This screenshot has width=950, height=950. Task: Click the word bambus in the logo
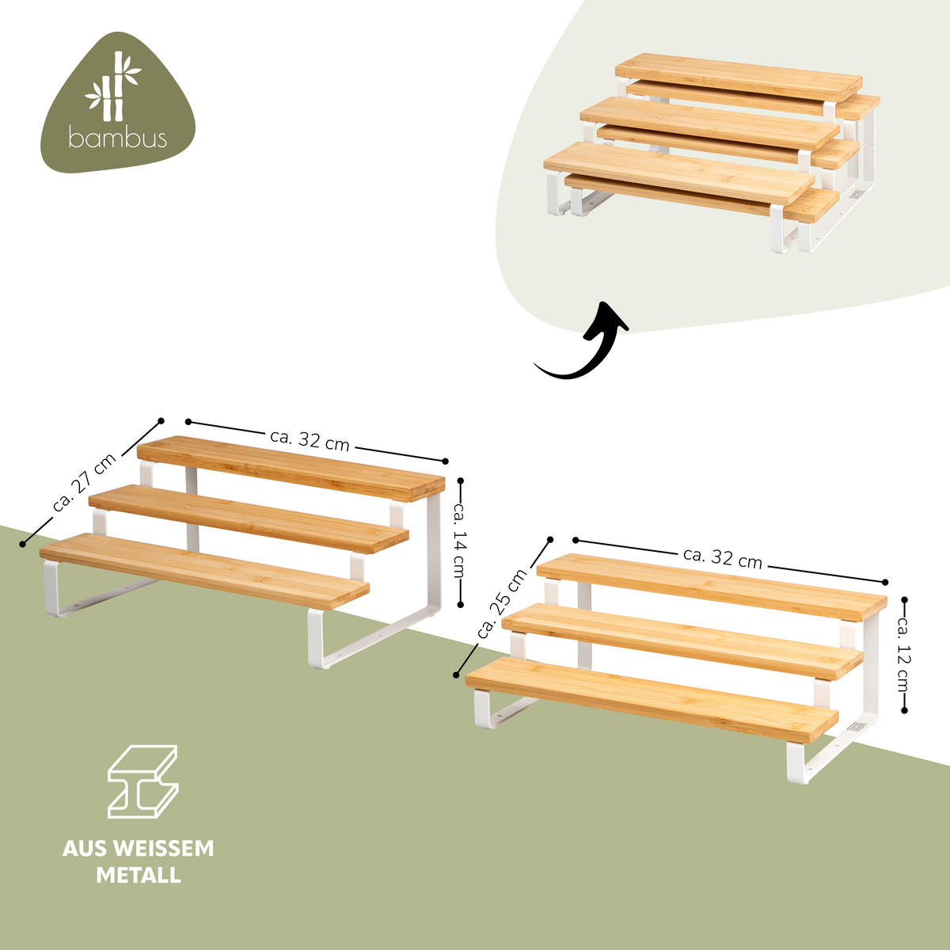pos(117,139)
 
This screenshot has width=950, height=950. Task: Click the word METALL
pos(139,876)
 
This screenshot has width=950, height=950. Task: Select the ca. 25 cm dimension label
pos(502,604)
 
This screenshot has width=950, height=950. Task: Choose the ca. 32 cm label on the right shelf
pos(722,557)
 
